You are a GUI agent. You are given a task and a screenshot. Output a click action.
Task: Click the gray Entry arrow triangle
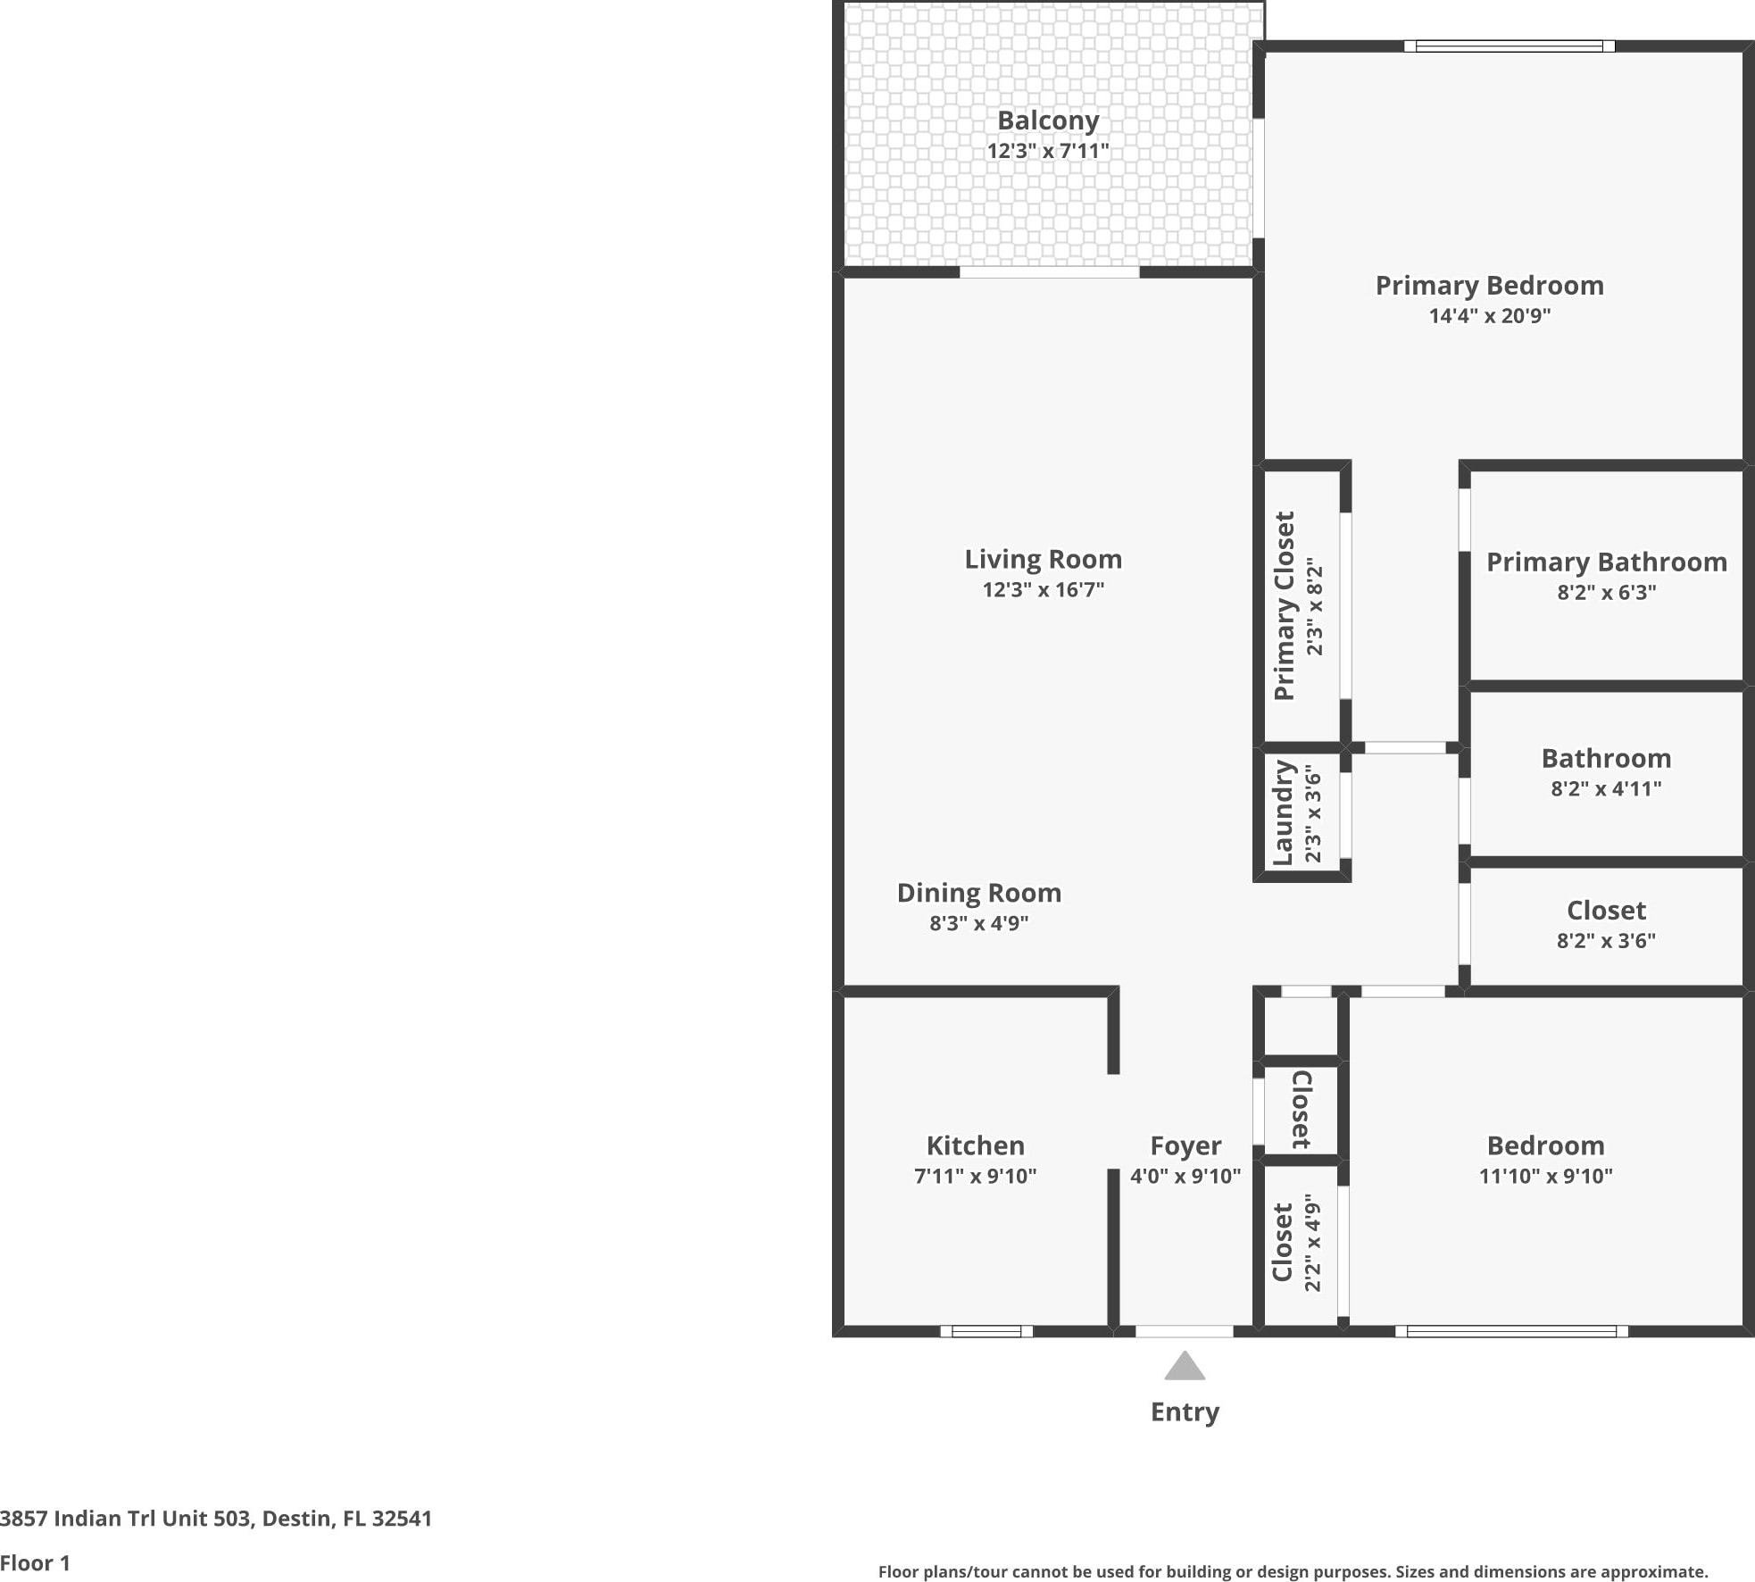tap(1185, 1367)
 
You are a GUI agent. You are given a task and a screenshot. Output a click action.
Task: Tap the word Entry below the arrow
tap(1185, 1412)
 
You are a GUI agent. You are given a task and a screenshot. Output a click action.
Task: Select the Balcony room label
tap(1048, 120)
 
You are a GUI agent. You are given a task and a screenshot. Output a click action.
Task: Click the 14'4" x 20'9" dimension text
tap(1490, 315)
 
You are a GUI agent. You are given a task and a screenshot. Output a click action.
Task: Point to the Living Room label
tap(1044, 559)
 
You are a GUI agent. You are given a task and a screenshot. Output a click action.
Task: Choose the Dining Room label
tap(979, 893)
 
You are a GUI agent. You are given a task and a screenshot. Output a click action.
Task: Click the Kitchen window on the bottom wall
tap(986, 1331)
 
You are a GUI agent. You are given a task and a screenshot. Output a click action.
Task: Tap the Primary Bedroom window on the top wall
tap(1510, 46)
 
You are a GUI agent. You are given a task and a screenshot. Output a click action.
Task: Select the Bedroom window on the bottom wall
tap(1511, 1331)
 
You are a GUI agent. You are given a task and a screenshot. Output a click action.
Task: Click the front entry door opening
tap(1185, 1331)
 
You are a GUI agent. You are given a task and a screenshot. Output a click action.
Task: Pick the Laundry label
tap(1284, 812)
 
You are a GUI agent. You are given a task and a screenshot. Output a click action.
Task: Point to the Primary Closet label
tap(1285, 606)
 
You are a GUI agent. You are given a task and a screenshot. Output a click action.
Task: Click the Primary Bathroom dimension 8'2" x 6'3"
tap(1607, 592)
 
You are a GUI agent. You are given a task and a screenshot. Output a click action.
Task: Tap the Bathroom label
tap(1607, 758)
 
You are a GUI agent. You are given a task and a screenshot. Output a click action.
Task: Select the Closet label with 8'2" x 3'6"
tap(1607, 910)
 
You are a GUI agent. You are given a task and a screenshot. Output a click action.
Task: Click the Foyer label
tap(1185, 1145)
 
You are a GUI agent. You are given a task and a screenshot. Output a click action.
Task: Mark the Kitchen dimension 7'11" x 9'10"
tap(976, 1176)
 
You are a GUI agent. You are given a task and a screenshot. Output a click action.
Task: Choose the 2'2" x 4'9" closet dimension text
tap(1312, 1243)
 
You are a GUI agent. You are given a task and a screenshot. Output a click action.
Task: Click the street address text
tap(216, 1519)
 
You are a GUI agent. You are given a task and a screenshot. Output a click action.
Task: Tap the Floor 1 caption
tap(35, 1563)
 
